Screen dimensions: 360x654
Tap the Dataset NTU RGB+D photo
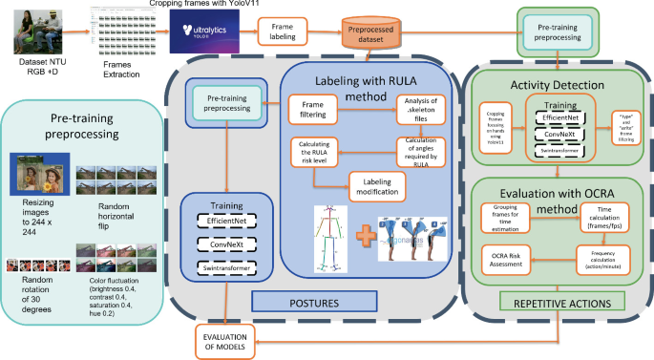coord(30,29)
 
